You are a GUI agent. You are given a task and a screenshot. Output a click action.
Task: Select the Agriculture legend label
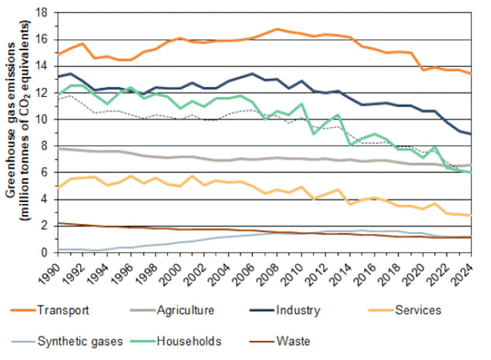(185, 310)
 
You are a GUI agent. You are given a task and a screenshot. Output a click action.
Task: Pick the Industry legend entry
(298, 310)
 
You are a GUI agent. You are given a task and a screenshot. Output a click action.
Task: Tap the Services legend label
(418, 310)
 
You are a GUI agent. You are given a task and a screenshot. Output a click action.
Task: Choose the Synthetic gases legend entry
(80, 341)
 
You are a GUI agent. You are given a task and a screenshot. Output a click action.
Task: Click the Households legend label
(189, 341)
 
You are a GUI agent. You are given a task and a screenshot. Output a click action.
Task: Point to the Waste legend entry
(293, 341)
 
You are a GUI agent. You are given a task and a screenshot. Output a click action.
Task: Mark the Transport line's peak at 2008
(277, 29)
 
